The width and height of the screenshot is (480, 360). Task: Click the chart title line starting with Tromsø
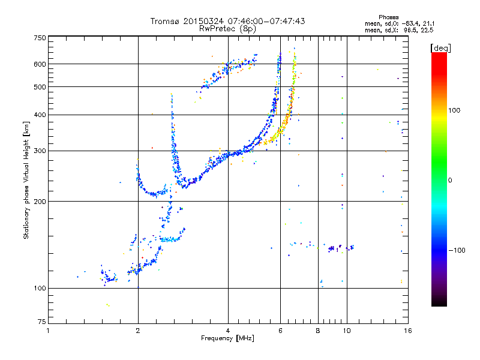click(x=227, y=21)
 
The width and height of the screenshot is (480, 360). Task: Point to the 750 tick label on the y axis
click(x=40, y=38)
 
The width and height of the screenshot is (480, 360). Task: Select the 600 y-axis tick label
click(x=40, y=64)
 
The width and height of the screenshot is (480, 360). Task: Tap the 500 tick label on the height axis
click(x=40, y=87)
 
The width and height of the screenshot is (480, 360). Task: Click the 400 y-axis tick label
click(x=40, y=115)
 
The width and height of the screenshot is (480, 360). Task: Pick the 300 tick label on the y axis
click(x=40, y=151)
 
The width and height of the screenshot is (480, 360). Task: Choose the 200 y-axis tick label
click(x=40, y=201)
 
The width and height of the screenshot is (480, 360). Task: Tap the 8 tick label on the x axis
click(x=317, y=331)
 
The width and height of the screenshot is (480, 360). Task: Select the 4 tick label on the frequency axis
click(x=228, y=331)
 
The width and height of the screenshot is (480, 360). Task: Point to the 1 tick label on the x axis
click(x=48, y=331)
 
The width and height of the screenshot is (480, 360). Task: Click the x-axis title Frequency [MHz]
click(x=227, y=339)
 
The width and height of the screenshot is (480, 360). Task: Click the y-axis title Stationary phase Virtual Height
click(x=26, y=180)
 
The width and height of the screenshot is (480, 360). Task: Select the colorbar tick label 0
click(x=450, y=180)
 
